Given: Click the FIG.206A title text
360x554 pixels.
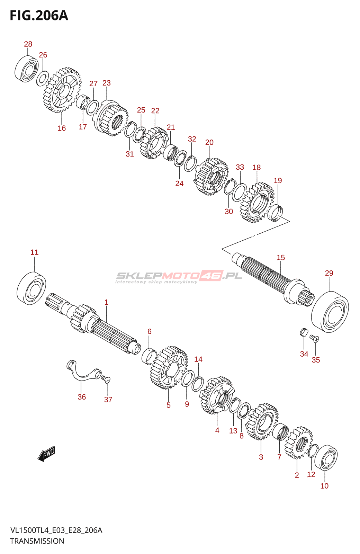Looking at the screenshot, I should coord(39,16).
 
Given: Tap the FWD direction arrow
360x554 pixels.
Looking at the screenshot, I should coord(46,454).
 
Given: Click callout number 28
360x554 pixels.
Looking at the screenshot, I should coord(28,44).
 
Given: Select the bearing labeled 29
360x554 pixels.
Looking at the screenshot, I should coord(330,312).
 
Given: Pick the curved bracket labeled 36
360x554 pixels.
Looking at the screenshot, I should coord(83,372).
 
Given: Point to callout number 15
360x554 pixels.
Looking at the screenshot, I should coord(281,258).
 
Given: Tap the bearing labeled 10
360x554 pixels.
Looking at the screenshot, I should coord(326,457).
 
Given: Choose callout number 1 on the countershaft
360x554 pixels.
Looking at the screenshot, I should coord(106,302).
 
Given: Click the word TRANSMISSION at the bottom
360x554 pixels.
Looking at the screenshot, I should coord(37,541).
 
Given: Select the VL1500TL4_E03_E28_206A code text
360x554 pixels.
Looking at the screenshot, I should coord(56,530).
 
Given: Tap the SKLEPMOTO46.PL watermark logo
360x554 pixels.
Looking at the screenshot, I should coord(179,276).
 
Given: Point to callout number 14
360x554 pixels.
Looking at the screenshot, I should coord(198,359).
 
